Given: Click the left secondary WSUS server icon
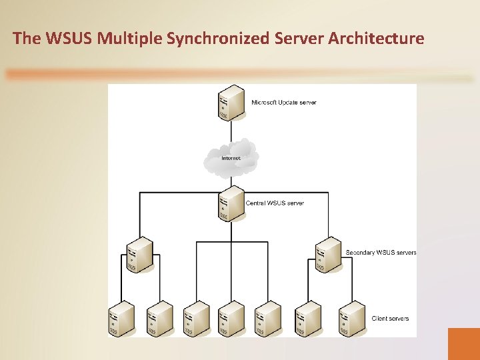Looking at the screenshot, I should click(x=139, y=254).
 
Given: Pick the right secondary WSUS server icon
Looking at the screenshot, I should click(x=329, y=254).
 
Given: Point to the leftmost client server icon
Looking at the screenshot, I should click(x=121, y=318).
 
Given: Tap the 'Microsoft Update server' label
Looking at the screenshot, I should click(x=283, y=103).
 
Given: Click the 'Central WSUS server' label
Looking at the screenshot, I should click(x=275, y=203).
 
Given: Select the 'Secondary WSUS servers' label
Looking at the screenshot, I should click(x=381, y=253).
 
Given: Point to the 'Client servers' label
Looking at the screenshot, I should click(x=390, y=319).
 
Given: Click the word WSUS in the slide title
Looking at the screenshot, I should click(x=69, y=39).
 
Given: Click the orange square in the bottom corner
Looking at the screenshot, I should click(x=463, y=343).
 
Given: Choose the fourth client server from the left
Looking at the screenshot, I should click(x=231, y=318).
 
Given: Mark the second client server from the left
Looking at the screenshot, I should click(x=159, y=318).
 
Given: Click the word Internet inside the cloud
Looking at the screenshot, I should click(x=231, y=158).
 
